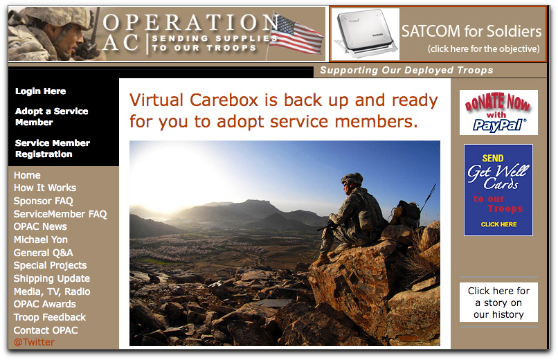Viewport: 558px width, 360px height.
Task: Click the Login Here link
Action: pos(40,91)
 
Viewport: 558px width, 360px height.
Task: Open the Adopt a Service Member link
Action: pos(52,117)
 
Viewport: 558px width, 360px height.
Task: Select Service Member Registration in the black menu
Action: pos(53,148)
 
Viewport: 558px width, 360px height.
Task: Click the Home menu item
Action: pos(27,175)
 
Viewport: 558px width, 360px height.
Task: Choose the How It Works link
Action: pos(45,188)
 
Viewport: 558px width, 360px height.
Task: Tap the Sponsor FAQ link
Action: pos(43,201)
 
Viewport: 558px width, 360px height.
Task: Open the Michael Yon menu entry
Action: pos(41,240)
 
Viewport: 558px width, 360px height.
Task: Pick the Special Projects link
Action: pos(50,265)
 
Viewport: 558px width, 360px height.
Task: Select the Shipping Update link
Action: pos(52,278)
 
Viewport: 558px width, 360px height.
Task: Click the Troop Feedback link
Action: pos(50,317)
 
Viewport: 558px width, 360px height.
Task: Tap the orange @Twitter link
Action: pos(34,342)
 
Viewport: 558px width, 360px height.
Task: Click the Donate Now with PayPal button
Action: pos(498,112)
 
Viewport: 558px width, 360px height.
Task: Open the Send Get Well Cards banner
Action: pos(498,190)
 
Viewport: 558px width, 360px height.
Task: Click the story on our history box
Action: pos(498,303)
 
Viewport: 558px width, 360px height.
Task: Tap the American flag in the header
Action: pos(296,35)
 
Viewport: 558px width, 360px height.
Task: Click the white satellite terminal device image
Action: pos(365,34)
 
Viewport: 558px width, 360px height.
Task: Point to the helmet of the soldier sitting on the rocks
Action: pos(352,178)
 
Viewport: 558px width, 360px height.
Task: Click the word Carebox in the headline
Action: pos(224,100)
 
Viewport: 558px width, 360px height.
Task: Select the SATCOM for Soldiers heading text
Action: pos(471,31)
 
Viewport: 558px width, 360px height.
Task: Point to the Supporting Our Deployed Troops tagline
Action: pos(406,71)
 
